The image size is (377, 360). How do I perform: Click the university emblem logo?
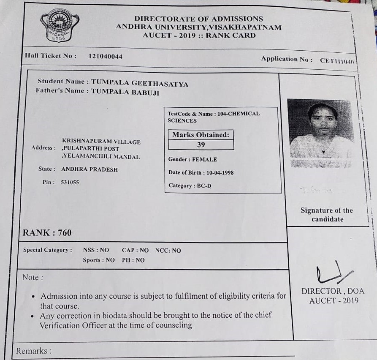(59, 25)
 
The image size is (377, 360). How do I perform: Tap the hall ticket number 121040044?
(105, 56)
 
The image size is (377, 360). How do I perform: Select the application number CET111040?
(336, 61)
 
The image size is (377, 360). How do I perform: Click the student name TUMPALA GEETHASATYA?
(140, 84)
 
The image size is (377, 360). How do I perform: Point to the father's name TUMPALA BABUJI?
(125, 93)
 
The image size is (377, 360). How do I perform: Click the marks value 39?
(201, 145)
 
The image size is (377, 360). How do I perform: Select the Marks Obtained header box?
(201, 135)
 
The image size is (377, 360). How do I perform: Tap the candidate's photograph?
(320, 133)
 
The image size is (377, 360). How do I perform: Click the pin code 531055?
(70, 183)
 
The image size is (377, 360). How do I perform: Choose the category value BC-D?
(204, 185)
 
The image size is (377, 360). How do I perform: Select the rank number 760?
(65, 233)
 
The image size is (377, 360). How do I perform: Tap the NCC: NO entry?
(168, 251)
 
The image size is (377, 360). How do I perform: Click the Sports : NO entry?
(98, 260)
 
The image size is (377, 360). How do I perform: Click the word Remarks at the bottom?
(32, 351)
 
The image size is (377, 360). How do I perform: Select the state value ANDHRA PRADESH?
(90, 169)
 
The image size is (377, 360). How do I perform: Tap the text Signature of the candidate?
(327, 215)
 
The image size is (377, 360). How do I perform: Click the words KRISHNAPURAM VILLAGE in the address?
(101, 142)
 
